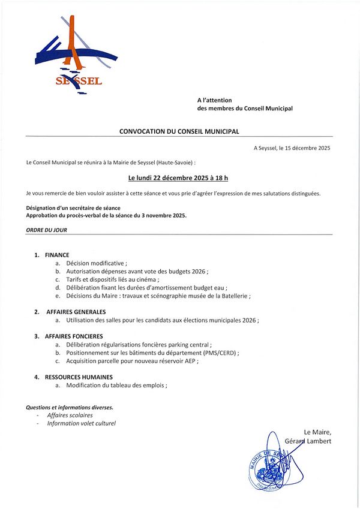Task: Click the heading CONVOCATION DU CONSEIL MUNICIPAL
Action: pos(179,131)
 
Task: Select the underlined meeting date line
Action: pos(179,178)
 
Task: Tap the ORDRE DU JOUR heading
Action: pos(46,230)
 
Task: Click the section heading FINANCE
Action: pos(57,255)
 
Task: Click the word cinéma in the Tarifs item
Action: pos(148,279)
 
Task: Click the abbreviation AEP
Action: pos(190,361)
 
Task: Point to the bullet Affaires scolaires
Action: pos(70,415)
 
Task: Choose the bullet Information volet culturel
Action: pos(81,423)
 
